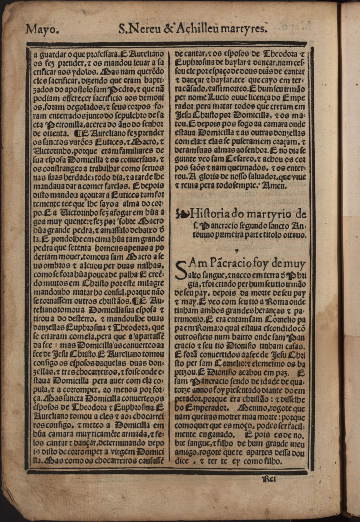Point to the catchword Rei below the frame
269,478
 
